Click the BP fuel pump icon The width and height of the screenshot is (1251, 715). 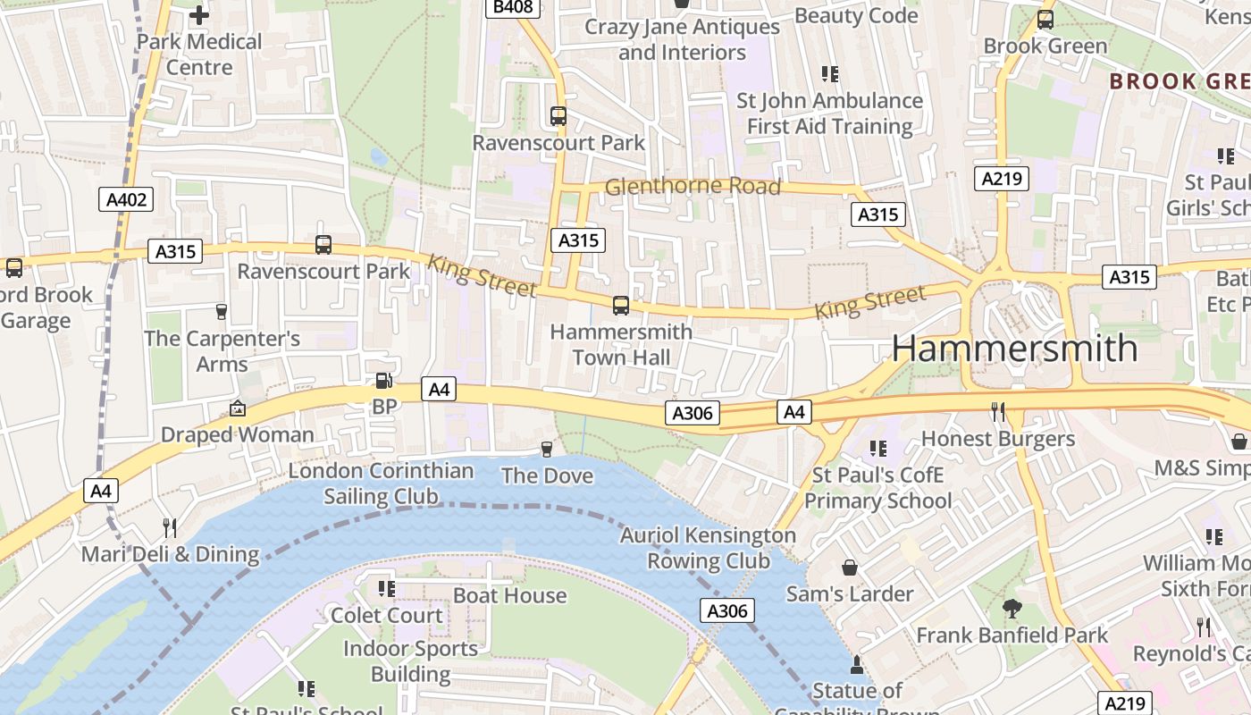click(x=383, y=381)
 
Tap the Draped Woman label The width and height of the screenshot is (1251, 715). click(x=237, y=434)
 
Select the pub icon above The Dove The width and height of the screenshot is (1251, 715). click(x=547, y=449)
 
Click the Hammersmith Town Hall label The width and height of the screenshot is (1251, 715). click(x=621, y=344)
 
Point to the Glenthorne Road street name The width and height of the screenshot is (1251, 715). click(x=693, y=187)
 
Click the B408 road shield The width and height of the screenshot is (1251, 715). click(x=513, y=8)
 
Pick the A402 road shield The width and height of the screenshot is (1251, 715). click(x=126, y=199)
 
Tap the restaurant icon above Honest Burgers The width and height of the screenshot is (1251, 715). click(x=998, y=412)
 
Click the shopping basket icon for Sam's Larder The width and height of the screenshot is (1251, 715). click(x=850, y=568)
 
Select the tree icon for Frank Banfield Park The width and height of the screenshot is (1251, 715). click(x=1012, y=609)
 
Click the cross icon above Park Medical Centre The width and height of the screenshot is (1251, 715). click(x=199, y=14)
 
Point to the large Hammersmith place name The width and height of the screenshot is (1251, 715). click(x=1014, y=349)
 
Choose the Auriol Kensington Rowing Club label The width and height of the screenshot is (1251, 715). click(x=708, y=548)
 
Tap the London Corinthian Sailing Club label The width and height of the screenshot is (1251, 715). click(x=381, y=484)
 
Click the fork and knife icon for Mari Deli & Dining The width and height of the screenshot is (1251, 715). click(x=170, y=528)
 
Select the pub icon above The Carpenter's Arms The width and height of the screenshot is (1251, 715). click(x=222, y=312)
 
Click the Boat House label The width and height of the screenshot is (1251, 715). click(x=509, y=595)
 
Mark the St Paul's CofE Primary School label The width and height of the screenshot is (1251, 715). click(x=877, y=487)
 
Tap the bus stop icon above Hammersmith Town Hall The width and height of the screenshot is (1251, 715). click(x=621, y=306)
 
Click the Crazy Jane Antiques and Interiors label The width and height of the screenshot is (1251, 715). click(x=682, y=39)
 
